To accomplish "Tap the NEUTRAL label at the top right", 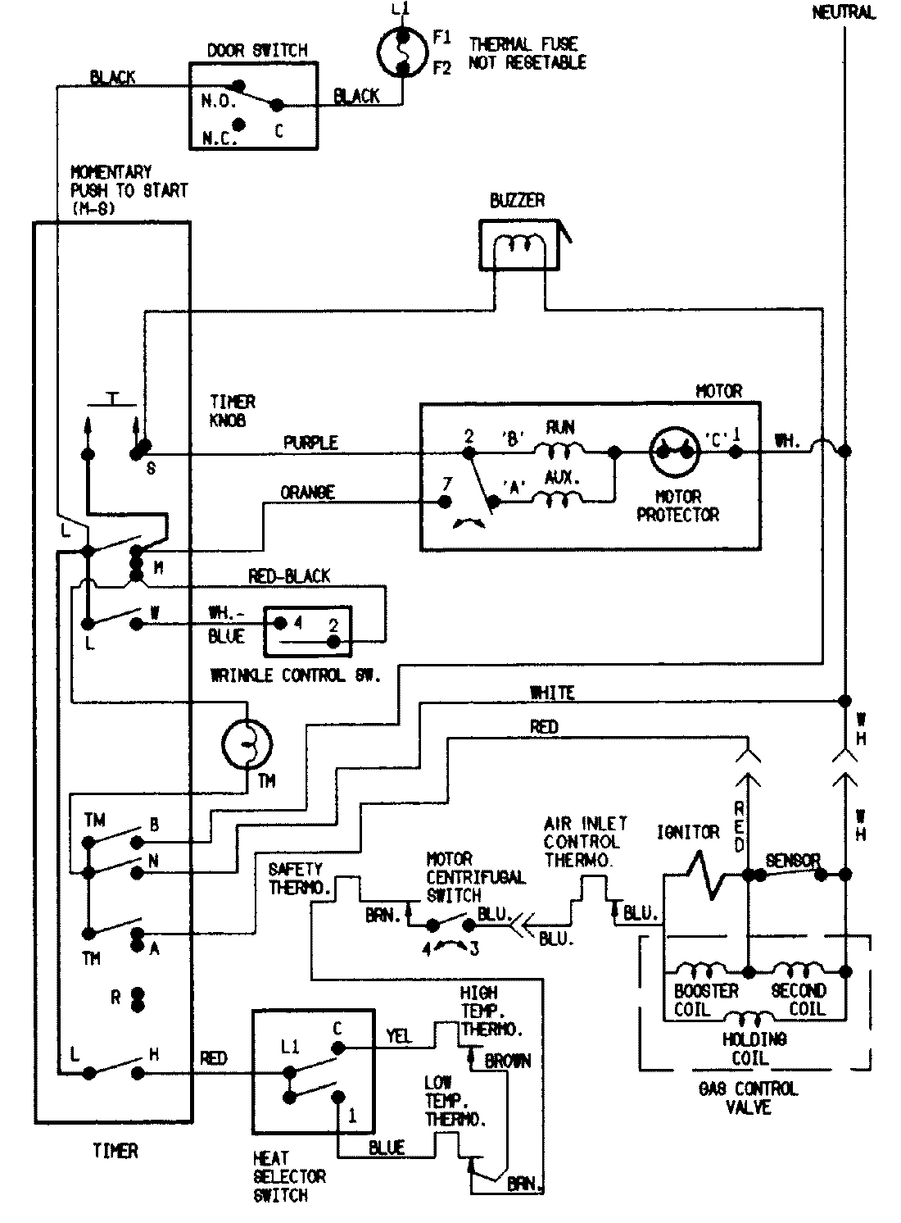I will click(844, 12).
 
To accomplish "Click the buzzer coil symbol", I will click(517, 245).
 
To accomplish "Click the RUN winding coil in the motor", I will click(559, 448).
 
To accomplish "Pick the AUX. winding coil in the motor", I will click(559, 497).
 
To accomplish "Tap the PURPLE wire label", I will click(310, 443).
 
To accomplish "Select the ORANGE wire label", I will click(307, 492).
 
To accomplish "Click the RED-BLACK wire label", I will click(289, 576).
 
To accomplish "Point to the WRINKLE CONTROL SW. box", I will click(307, 631).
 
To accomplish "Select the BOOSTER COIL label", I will click(706, 999).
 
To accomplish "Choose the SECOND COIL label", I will click(799, 999).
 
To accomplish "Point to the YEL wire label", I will click(398, 1037).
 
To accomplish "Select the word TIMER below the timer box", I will click(115, 1151).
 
